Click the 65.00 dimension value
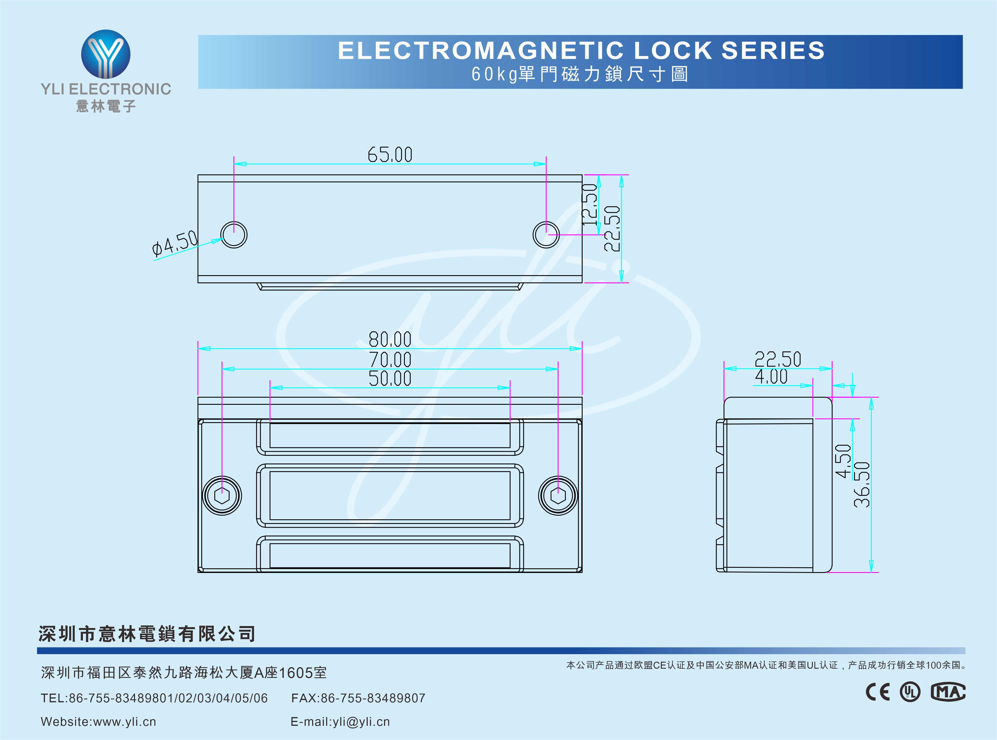[390, 155]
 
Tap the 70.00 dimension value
[390, 359]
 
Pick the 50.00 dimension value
[390, 378]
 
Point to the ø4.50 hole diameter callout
[175, 244]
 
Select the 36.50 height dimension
[861, 485]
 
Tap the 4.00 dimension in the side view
[771, 377]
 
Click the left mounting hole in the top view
[234, 235]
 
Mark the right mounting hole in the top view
[546, 235]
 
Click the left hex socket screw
[222, 496]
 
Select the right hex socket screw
[558, 496]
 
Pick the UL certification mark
[910, 692]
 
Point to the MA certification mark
[948, 692]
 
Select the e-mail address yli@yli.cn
[361, 722]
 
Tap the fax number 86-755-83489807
[373, 698]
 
